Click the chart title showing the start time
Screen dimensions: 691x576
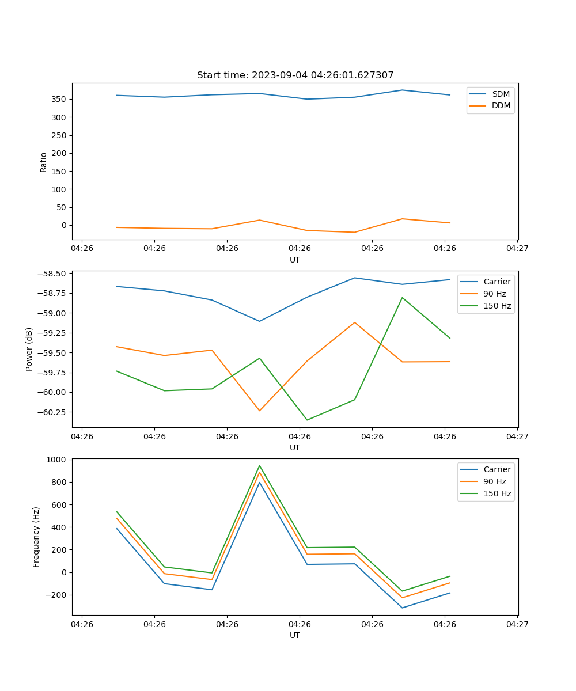[x=295, y=75]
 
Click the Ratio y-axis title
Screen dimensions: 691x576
[x=44, y=162]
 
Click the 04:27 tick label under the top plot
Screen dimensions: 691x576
[x=517, y=248]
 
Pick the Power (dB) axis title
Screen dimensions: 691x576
[x=29, y=349]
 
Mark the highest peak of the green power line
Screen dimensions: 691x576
[x=402, y=298]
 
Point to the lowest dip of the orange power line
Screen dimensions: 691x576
[x=259, y=411]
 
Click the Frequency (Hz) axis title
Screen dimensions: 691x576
[x=36, y=537]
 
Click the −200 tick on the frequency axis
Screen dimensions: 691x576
[x=56, y=595]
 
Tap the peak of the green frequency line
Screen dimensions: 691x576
[x=259, y=466]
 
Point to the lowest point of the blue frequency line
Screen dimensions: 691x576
[x=402, y=608]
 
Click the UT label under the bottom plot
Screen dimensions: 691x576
[x=295, y=635]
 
